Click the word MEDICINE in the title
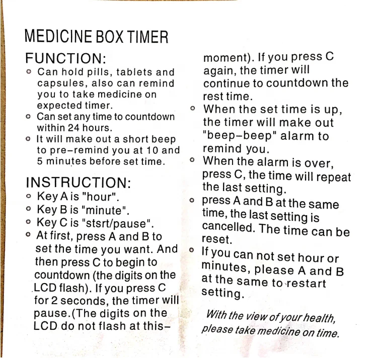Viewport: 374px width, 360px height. point(58,37)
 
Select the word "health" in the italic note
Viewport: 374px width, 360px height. point(319,318)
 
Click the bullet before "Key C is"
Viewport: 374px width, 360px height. point(29,222)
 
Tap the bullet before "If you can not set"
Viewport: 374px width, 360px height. point(191,250)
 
